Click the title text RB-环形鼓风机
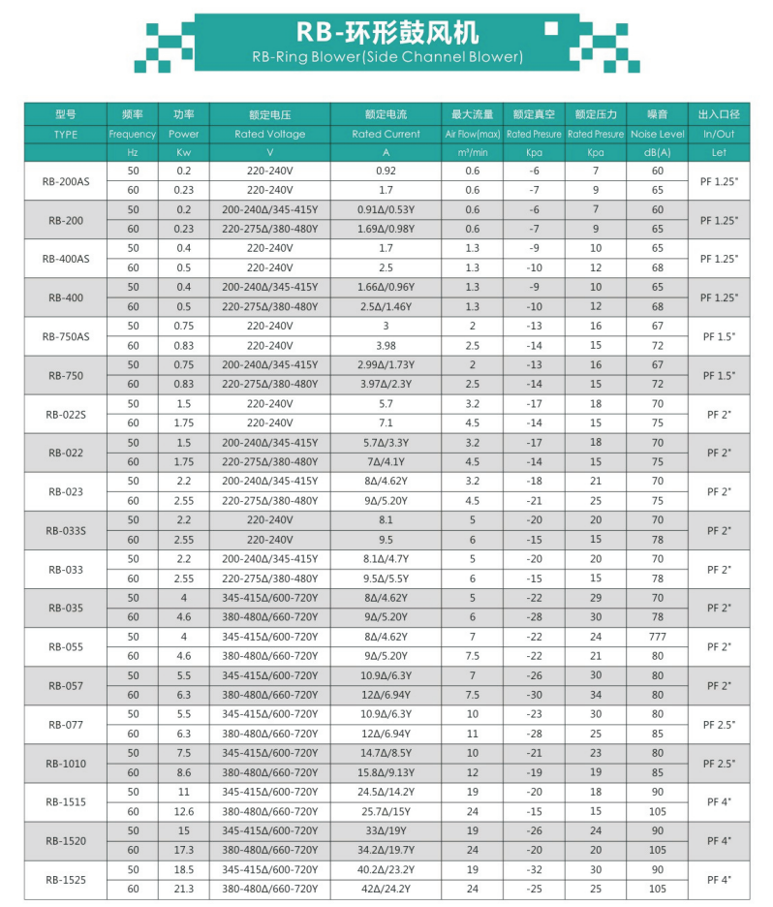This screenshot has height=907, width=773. click(x=386, y=33)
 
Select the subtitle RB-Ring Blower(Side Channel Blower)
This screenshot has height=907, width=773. click(x=386, y=56)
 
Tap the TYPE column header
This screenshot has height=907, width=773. click(x=65, y=134)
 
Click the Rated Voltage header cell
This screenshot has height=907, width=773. click(x=269, y=134)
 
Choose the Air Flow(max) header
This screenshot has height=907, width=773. click(x=472, y=134)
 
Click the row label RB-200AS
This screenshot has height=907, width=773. click(x=65, y=181)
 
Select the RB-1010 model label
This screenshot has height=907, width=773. click(x=65, y=764)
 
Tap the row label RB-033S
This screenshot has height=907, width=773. click(x=65, y=530)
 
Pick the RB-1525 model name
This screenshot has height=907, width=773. click(x=65, y=880)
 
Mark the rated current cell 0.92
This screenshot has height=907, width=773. click(x=386, y=172)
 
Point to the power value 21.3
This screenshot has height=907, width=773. click(x=183, y=889)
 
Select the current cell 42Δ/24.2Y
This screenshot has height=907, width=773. click(x=386, y=889)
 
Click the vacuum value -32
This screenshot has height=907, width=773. click(x=533, y=869)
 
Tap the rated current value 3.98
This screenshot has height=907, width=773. click(x=386, y=345)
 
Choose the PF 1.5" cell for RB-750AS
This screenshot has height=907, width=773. click(x=719, y=335)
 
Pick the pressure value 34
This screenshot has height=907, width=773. click(x=595, y=695)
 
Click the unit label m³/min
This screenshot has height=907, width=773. click(x=472, y=153)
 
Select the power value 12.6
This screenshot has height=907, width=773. click(x=183, y=811)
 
